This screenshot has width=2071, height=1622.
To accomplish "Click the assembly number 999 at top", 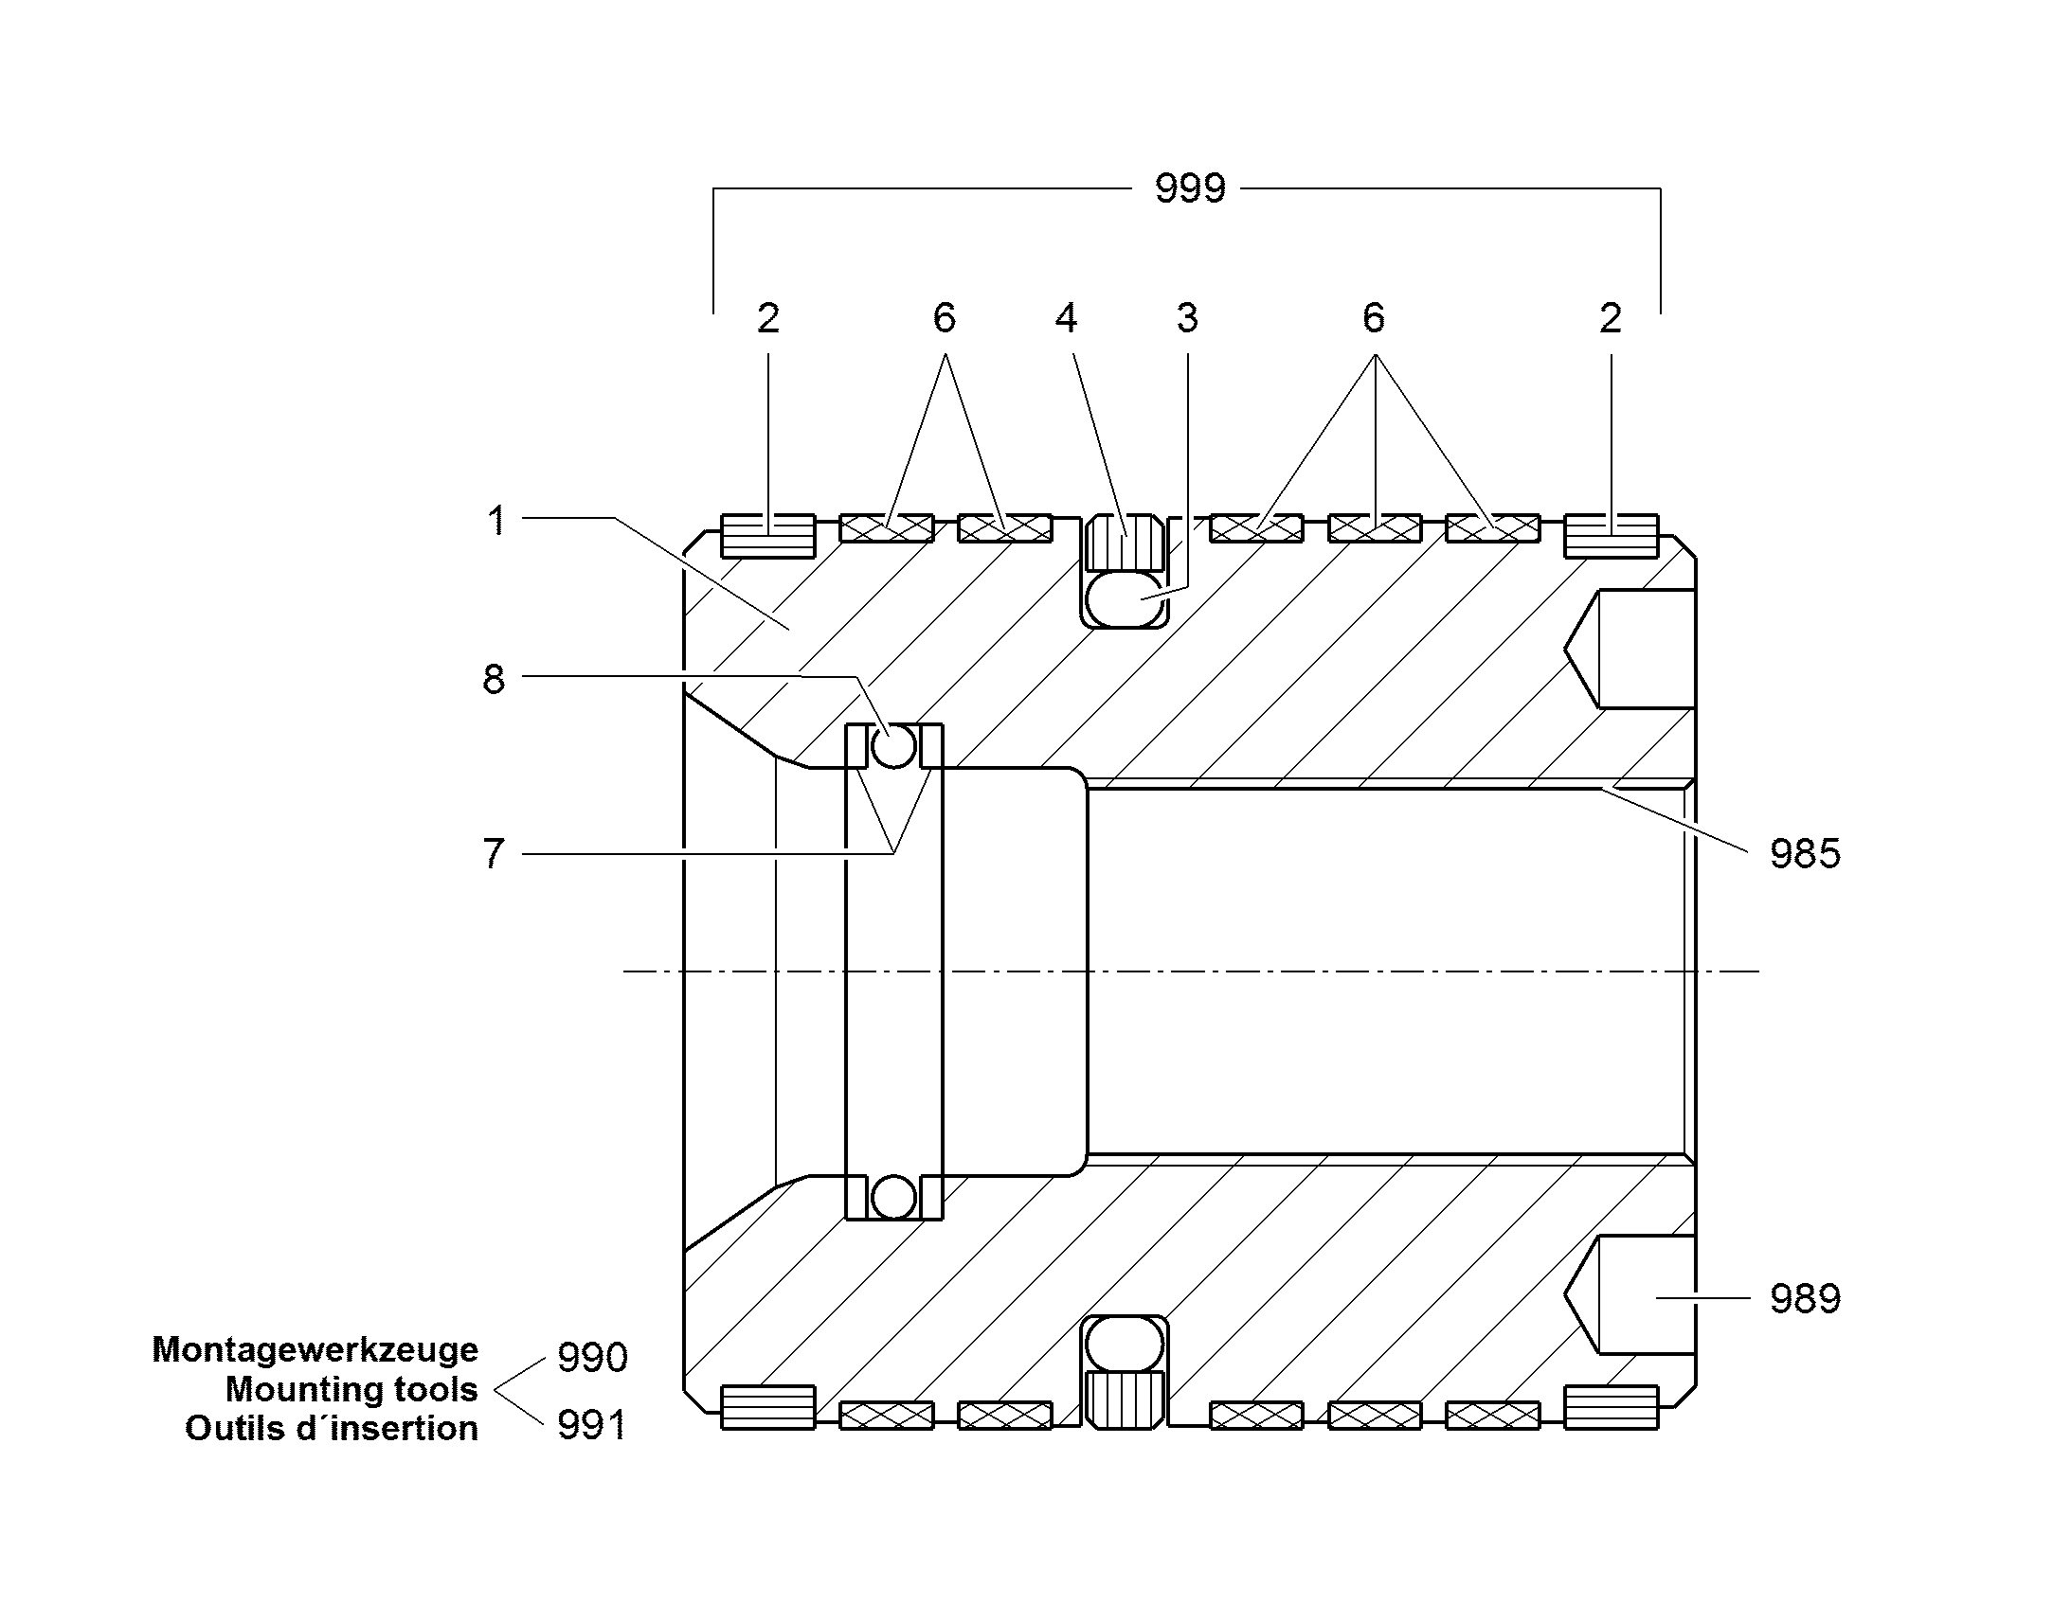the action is click(1190, 188).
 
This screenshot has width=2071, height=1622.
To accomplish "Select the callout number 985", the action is click(1805, 854).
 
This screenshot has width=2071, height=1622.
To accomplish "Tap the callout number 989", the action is click(1805, 1298).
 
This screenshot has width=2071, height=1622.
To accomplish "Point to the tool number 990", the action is click(592, 1357).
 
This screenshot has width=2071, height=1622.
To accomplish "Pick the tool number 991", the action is click(592, 1425).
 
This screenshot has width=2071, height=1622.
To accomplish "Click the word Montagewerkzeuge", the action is click(315, 1349).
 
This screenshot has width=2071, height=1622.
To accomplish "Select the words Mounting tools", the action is click(351, 1389).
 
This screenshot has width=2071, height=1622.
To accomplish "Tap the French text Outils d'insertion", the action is click(332, 1428).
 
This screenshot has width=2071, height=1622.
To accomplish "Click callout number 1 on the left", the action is click(495, 521).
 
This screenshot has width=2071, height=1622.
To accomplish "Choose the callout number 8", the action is click(494, 679).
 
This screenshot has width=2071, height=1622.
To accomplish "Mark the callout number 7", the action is click(494, 854).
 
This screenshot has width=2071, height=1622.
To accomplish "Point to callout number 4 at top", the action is click(1066, 318).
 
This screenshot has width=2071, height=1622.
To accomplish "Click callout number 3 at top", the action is click(1187, 318).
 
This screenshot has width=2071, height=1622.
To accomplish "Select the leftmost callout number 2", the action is click(768, 318).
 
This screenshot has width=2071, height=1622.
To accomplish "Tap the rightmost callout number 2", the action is click(1611, 318).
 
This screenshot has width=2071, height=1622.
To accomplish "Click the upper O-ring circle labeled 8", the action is click(894, 746).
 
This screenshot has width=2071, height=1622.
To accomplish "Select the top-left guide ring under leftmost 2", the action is click(767, 536).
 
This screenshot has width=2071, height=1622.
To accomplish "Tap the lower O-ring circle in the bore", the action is click(894, 1198).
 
